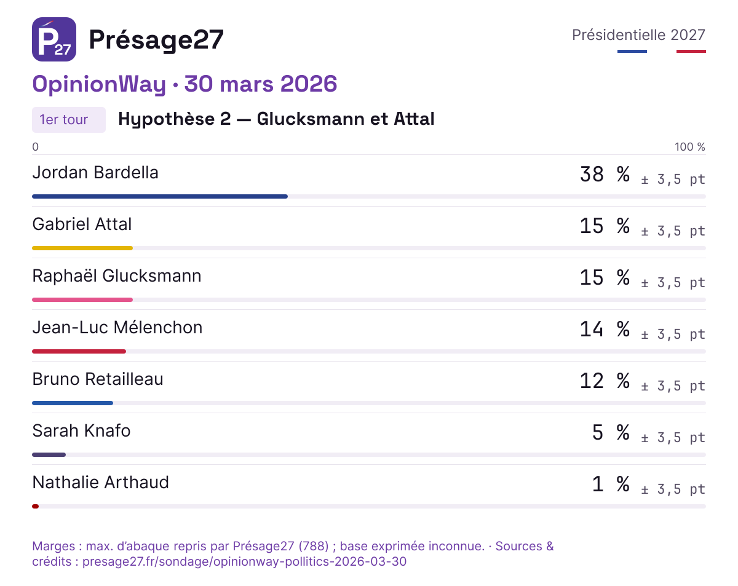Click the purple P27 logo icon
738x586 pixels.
(54, 39)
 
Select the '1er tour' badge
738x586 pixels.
(69, 120)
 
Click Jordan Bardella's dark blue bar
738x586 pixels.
(160, 197)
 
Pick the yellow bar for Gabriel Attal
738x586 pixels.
(82, 248)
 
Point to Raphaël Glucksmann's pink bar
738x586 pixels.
(82, 299)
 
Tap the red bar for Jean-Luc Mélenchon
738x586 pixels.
(79, 352)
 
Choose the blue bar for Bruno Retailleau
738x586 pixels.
(73, 403)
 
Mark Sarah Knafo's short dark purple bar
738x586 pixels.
(49, 454)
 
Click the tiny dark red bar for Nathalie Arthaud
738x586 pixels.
(35, 507)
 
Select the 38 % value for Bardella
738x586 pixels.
(605, 174)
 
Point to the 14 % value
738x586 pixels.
(605, 329)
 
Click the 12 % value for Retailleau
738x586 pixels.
(605, 381)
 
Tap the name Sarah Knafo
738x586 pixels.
(81, 430)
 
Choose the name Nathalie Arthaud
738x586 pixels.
(100, 483)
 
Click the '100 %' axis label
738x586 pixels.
(690, 147)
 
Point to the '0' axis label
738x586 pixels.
(35, 147)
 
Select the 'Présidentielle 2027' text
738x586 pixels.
(638, 35)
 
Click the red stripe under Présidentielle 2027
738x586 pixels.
(691, 52)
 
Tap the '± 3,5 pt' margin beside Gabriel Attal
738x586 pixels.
(673, 231)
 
